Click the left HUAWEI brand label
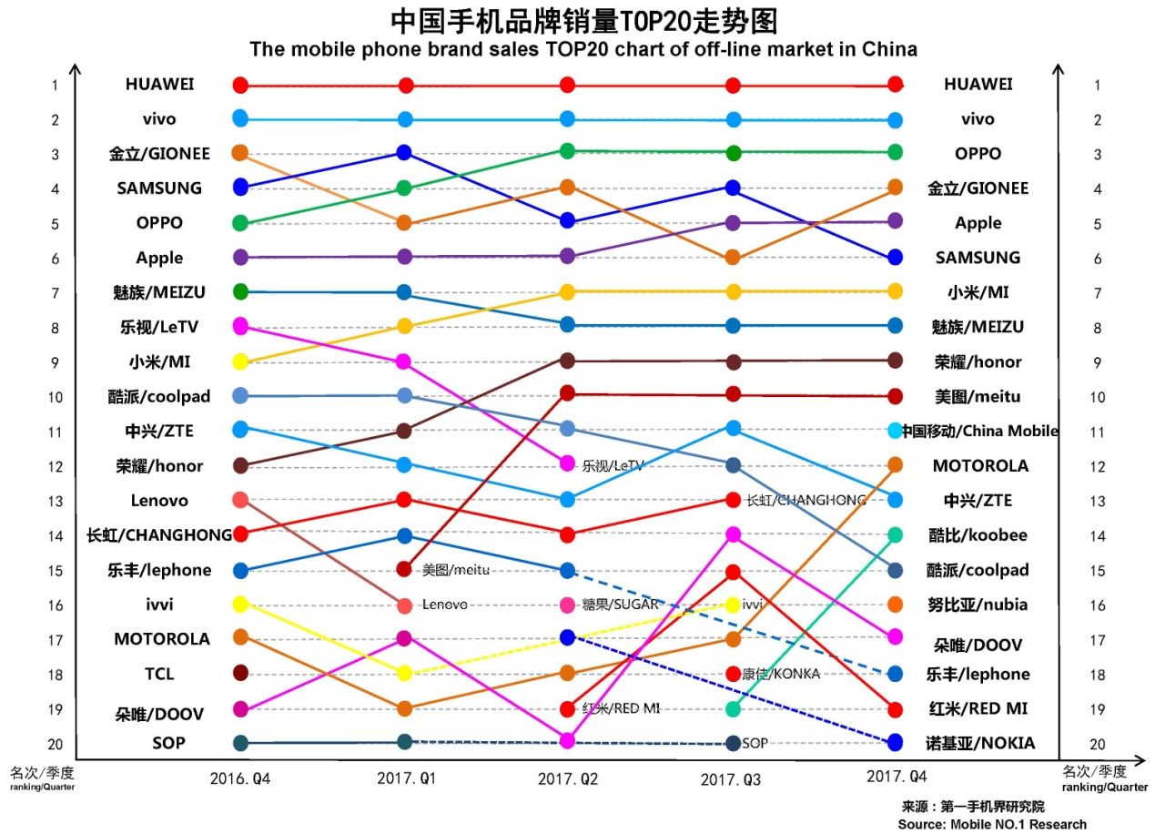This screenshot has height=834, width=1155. point(159,84)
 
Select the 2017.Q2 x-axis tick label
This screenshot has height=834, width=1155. point(567,778)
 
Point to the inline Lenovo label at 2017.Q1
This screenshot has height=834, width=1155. point(444,605)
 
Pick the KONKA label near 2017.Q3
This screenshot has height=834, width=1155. point(780,674)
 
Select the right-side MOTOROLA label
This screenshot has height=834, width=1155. point(979,465)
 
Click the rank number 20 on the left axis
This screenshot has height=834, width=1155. point(55,744)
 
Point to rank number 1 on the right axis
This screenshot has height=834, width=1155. point(1098,86)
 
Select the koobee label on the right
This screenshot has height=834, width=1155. point(978,535)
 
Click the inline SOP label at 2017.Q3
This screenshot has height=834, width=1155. point(755,744)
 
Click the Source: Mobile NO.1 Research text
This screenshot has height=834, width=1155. point(991,824)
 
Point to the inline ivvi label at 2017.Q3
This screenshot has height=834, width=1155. point(753,605)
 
